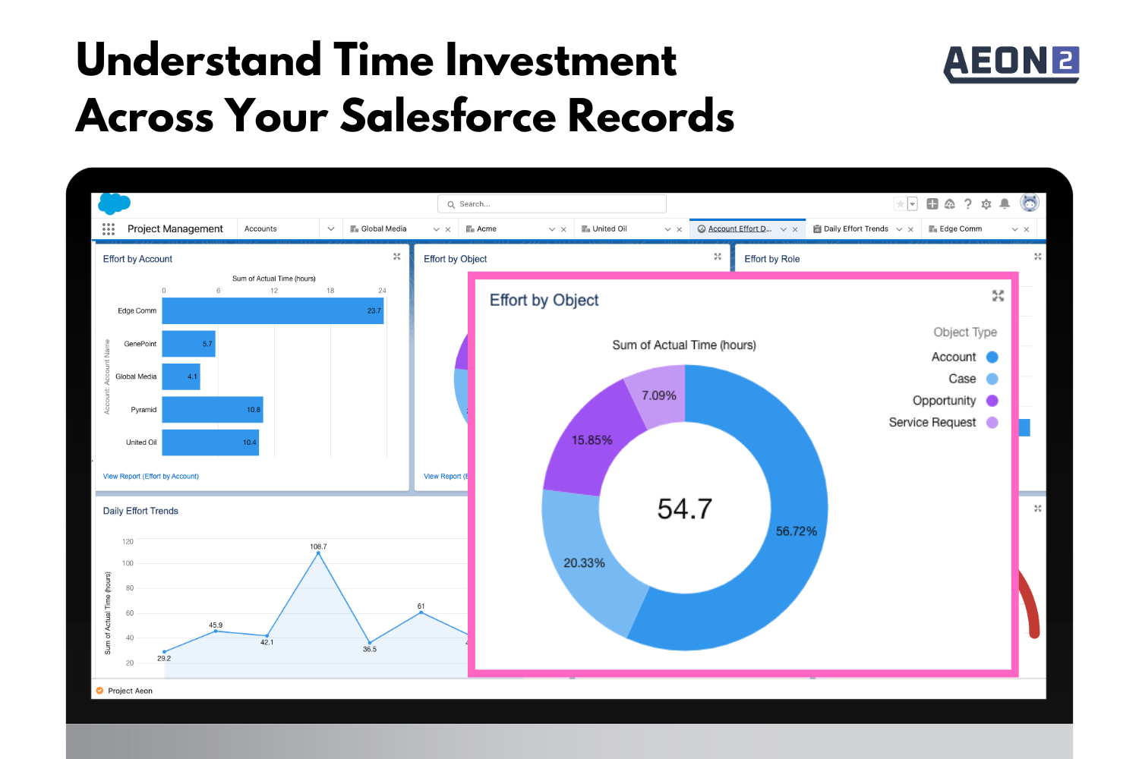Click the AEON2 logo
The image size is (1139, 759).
click(1011, 64)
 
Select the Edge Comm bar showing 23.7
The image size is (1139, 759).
click(273, 310)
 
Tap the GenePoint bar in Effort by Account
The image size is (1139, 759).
click(188, 344)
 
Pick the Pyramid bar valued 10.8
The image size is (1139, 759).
click(213, 409)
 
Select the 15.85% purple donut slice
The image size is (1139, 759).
click(592, 442)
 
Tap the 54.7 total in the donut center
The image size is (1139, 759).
click(684, 509)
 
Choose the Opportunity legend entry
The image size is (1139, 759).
click(955, 401)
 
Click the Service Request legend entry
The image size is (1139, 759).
click(943, 423)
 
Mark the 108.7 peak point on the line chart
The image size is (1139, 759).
click(318, 553)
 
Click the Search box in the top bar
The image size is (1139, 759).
click(552, 204)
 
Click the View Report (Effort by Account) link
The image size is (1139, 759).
click(150, 477)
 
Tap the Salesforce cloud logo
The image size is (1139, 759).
click(114, 203)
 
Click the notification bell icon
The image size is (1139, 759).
click(1005, 204)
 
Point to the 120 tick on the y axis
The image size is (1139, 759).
click(128, 541)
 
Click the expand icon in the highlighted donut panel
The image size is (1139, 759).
click(998, 296)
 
